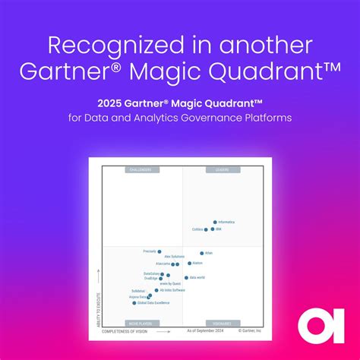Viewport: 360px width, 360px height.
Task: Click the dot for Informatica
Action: pyautogui.click(x=215, y=223)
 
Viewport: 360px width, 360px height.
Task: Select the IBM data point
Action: pyautogui.click(x=213, y=229)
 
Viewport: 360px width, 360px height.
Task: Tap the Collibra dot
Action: pyautogui.click(x=206, y=229)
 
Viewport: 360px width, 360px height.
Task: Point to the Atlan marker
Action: pyautogui.click(x=202, y=253)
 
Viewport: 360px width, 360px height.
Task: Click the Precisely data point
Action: pyautogui.click(x=159, y=251)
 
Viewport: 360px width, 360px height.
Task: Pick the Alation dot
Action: pyautogui.click(x=190, y=264)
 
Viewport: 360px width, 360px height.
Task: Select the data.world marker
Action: pyautogui.click(x=186, y=277)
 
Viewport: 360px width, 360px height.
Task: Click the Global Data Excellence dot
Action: pyautogui.click(x=134, y=303)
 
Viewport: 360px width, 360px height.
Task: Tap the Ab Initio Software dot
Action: pyautogui.click(x=156, y=290)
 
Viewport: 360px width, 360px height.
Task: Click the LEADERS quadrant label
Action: pyautogui.click(x=222, y=170)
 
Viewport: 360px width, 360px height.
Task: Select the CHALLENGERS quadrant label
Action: pyautogui.click(x=141, y=170)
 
